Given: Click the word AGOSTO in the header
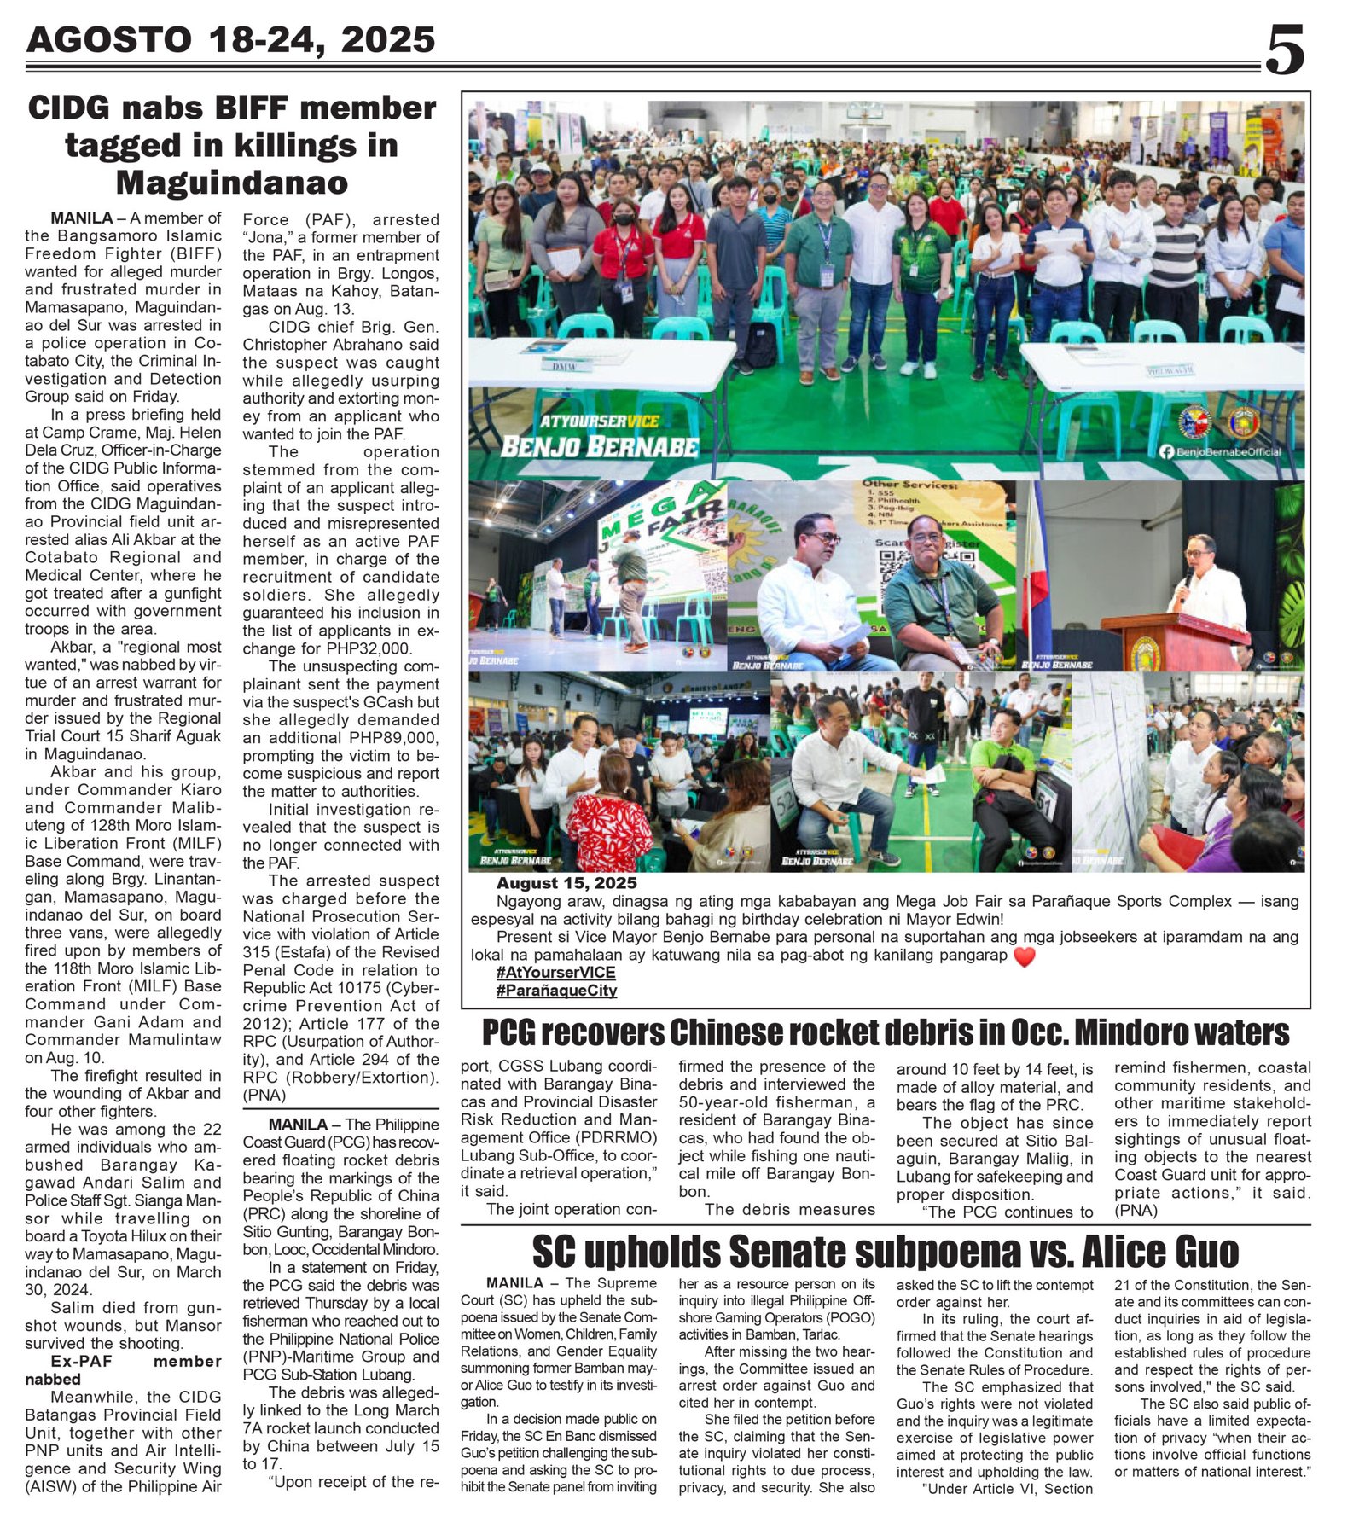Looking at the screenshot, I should (109, 40).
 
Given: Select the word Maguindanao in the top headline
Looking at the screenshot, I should (231, 183).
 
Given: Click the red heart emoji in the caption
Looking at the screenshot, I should (1024, 956).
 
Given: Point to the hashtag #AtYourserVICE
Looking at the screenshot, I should (555, 973).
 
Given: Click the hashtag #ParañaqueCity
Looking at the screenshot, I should (555, 991).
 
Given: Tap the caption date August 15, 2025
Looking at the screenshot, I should (566, 883).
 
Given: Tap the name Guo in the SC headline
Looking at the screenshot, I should (1204, 1253).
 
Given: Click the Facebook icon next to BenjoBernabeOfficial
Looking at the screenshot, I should (1166, 451).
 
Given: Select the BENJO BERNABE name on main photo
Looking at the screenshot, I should (599, 446).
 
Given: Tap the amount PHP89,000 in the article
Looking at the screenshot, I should (388, 738).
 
